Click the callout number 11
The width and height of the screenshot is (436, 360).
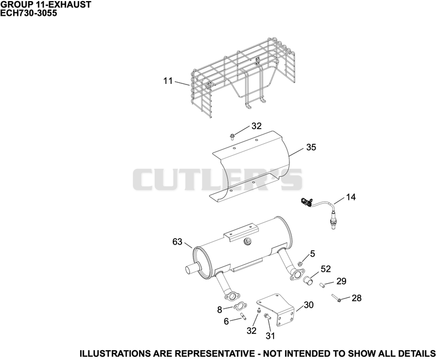(168, 81)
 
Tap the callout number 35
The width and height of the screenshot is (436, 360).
(311, 147)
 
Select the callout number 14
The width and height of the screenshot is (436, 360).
(350, 197)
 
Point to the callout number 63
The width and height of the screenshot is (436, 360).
(177, 242)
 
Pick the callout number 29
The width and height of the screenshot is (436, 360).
(341, 281)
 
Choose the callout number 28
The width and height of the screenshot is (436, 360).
(356, 298)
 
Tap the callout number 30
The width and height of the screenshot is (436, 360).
(308, 305)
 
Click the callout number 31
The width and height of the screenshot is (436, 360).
(270, 336)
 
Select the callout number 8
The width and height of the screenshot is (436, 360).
(220, 310)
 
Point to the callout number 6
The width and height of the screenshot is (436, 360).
(226, 321)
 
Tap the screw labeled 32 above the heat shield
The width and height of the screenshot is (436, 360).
(232, 137)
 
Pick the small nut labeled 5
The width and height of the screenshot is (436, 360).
(300, 264)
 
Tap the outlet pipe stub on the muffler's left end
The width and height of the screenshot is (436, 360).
(191, 269)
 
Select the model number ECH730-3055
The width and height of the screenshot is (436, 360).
(29, 13)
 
